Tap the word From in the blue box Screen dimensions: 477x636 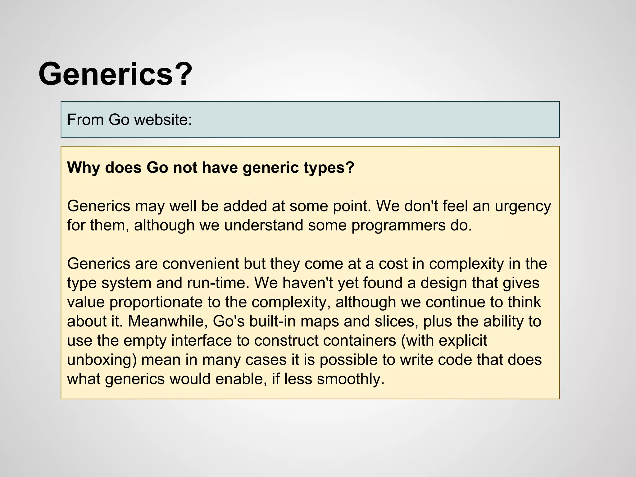pos(85,120)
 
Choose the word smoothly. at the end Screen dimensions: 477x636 pos(351,379)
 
